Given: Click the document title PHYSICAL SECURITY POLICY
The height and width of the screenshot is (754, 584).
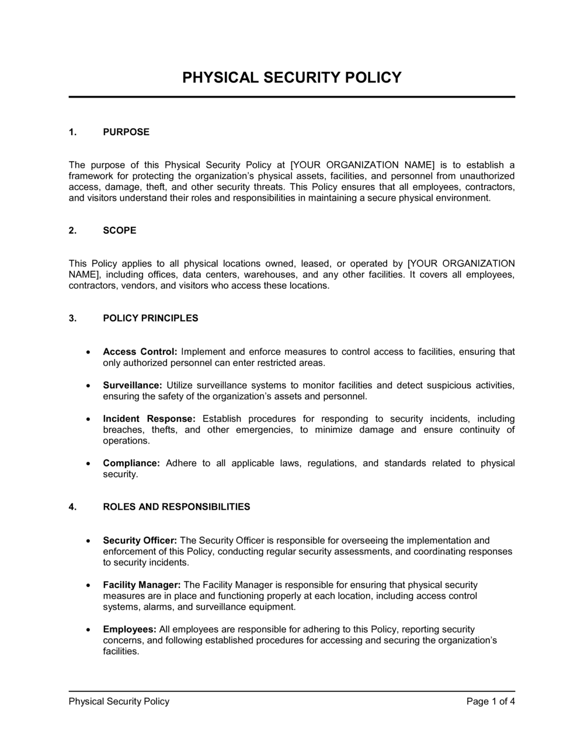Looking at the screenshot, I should click(x=292, y=78).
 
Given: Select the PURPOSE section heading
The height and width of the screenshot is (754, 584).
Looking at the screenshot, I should click(x=126, y=132).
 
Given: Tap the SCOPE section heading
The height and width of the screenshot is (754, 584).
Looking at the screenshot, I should click(x=120, y=230).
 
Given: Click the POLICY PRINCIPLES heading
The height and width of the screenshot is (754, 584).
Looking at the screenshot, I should click(x=151, y=319).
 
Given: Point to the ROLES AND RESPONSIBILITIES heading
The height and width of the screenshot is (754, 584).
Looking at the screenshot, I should click(x=176, y=507).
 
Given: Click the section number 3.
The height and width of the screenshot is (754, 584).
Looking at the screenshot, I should click(x=72, y=319).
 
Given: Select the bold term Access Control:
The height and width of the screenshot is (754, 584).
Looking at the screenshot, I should click(x=140, y=352).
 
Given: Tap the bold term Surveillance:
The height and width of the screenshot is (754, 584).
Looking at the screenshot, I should click(x=133, y=385).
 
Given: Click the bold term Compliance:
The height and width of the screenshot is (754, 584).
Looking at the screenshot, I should click(x=131, y=463).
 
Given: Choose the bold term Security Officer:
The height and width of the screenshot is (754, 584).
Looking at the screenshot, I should click(x=140, y=541).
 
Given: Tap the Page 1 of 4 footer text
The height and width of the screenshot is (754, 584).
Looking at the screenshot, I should click(x=491, y=701).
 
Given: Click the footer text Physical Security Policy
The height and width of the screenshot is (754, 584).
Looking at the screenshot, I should click(x=119, y=701).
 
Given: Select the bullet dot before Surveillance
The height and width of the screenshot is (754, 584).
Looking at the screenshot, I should click(x=88, y=386).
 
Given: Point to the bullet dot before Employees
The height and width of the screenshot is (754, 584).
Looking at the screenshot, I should click(x=88, y=630).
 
